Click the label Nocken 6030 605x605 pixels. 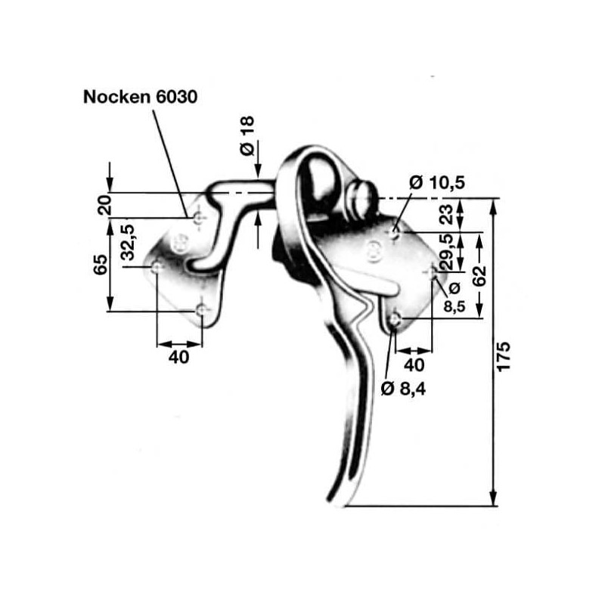click(x=140, y=97)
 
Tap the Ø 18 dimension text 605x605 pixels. click(x=247, y=135)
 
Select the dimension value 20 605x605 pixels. click(x=104, y=205)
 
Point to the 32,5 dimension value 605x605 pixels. click(x=127, y=242)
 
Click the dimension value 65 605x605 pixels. click(x=101, y=264)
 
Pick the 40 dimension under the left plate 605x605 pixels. click(x=178, y=357)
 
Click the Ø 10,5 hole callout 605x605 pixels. click(x=437, y=182)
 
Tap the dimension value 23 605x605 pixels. click(x=446, y=215)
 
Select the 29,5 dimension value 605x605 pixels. click(x=446, y=252)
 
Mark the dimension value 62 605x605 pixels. click(x=479, y=275)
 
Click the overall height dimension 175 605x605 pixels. click(x=503, y=356)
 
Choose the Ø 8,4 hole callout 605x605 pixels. click(x=403, y=389)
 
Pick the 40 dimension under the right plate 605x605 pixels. click(x=414, y=365)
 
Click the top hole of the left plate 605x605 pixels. click(x=198, y=219)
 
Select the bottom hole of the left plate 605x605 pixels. click(x=201, y=310)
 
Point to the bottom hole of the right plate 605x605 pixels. click(x=395, y=319)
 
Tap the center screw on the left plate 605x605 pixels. click(x=178, y=243)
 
